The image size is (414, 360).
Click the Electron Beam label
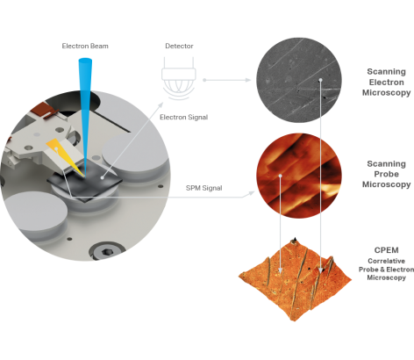85,46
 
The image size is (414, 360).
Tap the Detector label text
179,46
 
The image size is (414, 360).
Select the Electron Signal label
184,118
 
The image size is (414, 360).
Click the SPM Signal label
204,188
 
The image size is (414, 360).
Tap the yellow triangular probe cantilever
65,156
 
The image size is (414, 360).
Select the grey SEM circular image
299,80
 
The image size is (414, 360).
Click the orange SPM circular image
299,176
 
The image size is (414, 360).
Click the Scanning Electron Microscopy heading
387,83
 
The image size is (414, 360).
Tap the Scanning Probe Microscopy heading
387,174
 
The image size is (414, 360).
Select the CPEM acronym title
387,250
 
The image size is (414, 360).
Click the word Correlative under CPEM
387,261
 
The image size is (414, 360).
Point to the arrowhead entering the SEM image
248,80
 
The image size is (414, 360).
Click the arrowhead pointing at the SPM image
252,193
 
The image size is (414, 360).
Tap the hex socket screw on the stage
107,252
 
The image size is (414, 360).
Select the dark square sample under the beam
85,182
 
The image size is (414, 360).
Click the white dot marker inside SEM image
320,80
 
